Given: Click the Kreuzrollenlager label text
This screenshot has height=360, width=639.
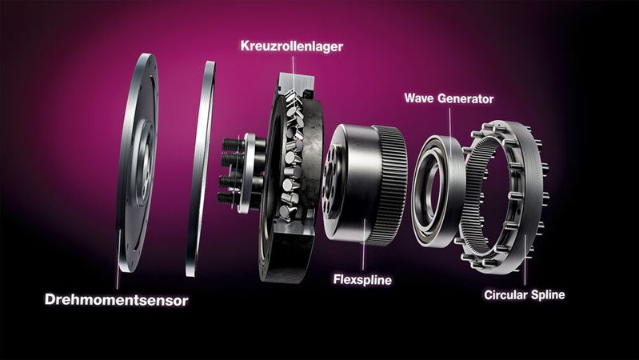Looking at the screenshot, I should pyautogui.click(x=292, y=46).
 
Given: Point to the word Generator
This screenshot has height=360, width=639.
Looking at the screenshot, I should pyautogui.click(x=467, y=99).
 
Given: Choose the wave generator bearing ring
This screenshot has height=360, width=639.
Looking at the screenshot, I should pyautogui.click(x=437, y=192).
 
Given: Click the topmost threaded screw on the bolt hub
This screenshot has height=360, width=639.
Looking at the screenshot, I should pyautogui.click(x=229, y=146).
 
